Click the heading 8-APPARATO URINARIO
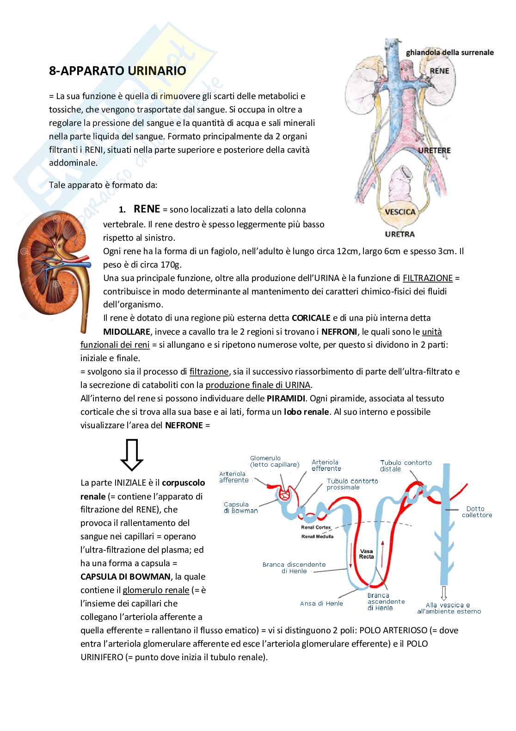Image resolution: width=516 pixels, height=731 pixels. tap(117, 71)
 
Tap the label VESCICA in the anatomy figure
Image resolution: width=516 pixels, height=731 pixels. tap(400, 212)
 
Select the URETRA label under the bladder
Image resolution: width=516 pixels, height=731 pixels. tap(399, 234)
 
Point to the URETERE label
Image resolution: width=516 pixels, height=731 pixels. tap(434, 150)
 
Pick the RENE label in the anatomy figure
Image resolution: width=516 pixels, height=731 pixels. tap(439, 71)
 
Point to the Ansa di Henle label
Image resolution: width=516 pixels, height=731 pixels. tap(322, 603)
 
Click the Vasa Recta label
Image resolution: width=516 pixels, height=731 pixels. tap(367, 554)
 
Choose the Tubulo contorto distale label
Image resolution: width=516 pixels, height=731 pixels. tap(405, 465)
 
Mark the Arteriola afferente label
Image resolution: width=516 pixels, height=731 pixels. tap(234, 477)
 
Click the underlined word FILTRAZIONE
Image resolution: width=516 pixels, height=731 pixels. tap(428, 278)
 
